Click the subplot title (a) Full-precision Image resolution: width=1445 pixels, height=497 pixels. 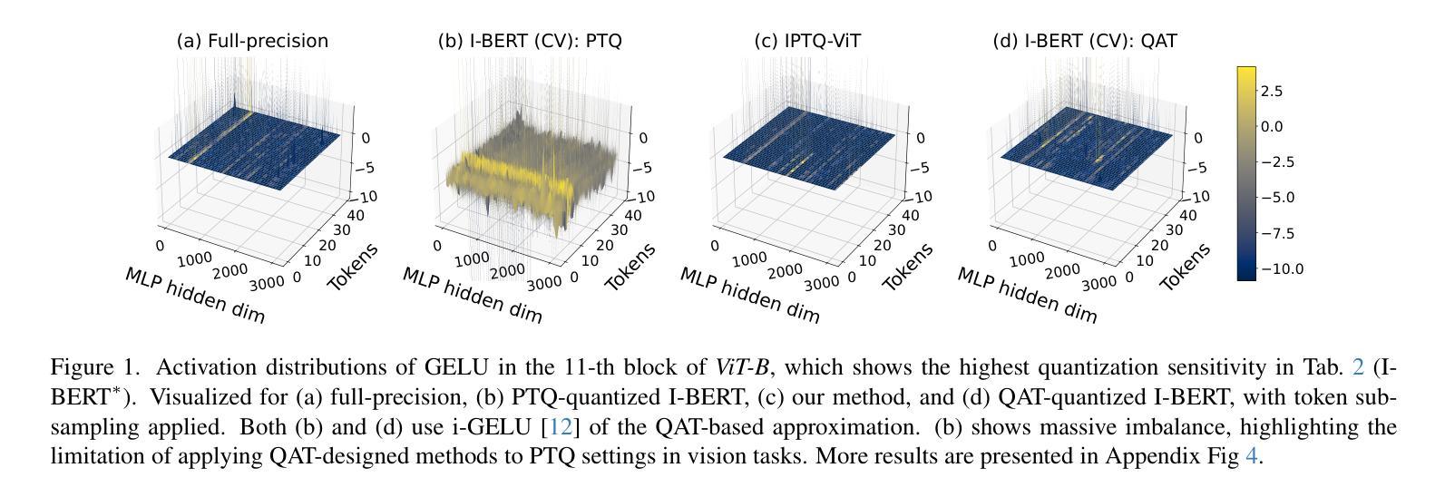click(x=252, y=41)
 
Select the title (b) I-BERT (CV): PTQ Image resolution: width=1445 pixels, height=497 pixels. click(x=530, y=41)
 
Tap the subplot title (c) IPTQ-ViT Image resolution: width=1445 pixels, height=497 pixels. click(x=807, y=41)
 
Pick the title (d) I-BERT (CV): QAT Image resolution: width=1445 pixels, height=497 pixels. click(x=1085, y=41)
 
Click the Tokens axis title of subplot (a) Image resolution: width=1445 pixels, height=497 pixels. click(x=353, y=267)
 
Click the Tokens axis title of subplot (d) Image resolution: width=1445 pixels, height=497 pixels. click(x=1186, y=267)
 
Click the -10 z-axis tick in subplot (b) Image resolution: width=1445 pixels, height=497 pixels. click(x=646, y=197)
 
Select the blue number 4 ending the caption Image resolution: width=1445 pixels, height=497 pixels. click(x=1252, y=455)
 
